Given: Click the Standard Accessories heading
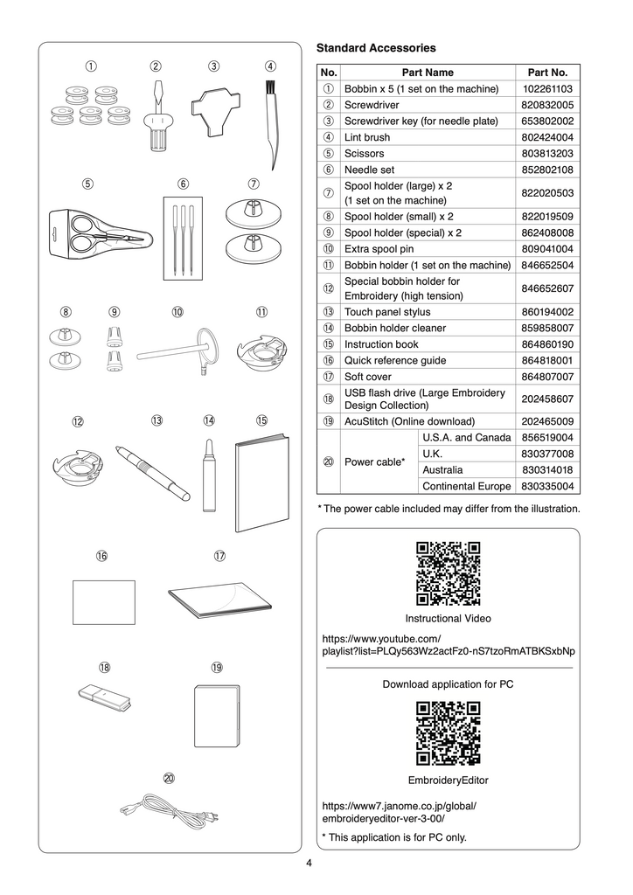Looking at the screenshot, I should point(375,47).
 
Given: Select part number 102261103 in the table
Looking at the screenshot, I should point(547,88).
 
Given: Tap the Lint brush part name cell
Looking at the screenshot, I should point(367,137).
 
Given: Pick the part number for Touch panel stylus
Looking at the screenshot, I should point(547,312).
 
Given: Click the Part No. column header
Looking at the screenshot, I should point(547,73).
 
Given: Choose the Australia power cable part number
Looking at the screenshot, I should point(547,470).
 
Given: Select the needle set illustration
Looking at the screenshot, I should point(184,239).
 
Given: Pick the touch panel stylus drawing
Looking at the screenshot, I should point(153,472).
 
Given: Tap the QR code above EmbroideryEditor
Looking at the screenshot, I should point(448,733).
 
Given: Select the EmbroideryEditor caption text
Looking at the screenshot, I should point(448,780).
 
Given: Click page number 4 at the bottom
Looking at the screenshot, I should point(309,864).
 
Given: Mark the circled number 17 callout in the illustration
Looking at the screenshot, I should point(219,556).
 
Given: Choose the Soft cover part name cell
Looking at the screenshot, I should point(368,377).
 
